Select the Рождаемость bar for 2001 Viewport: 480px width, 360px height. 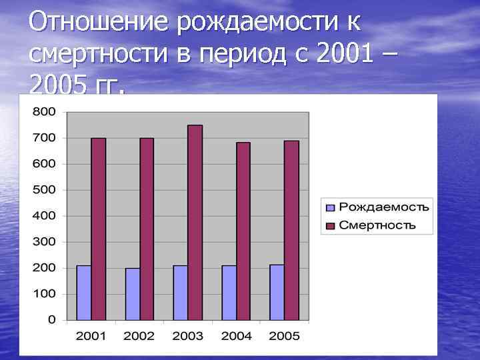pyautogui.click(x=84, y=293)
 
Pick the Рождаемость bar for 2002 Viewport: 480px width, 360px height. pyautogui.click(x=133, y=294)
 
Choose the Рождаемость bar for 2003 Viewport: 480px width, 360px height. pyautogui.click(x=180, y=293)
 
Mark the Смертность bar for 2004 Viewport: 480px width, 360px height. pyautogui.click(x=243, y=231)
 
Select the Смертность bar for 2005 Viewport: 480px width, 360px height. pyautogui.click(x=291, y=230)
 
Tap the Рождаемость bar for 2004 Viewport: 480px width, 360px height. pyautogui.click(x=229, y=293)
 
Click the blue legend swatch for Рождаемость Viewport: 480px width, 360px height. pyautogui.click(x=329, y=206)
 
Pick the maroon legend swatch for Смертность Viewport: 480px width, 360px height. pyautogui.click(x=329, y=225)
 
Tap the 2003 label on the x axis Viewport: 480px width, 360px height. pyautogui.click(x=187, y=335)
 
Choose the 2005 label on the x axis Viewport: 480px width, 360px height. pyautogui.click(x=284, y=335)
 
